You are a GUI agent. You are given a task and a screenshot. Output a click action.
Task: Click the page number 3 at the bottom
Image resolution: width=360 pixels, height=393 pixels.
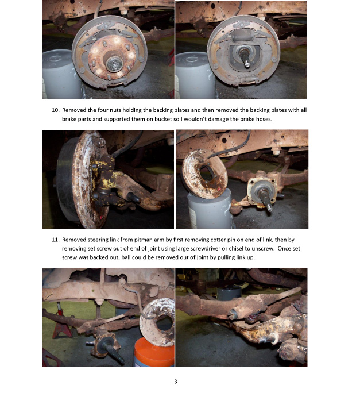[175, 382]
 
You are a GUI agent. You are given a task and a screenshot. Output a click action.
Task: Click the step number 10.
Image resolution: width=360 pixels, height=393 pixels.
[55, 110]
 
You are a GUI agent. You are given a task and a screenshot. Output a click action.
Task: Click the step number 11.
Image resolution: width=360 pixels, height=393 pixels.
[55, 240]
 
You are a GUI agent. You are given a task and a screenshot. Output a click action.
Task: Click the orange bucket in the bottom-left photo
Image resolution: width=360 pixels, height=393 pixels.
[154, 353]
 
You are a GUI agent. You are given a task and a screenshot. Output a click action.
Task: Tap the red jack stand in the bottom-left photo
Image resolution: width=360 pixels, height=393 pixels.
[60, 323]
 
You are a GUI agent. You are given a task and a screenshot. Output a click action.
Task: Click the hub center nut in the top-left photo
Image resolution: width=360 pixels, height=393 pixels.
[114, 64]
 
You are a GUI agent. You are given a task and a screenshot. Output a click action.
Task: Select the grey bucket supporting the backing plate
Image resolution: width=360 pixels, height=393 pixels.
[210, 209]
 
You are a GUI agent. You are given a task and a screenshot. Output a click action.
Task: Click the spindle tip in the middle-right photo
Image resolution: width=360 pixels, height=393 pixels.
[269, 207]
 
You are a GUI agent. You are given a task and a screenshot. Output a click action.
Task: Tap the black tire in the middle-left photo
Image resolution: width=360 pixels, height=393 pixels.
[65, 179]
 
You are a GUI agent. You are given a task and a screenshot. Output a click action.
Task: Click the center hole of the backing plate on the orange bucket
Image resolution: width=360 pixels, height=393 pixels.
[164, 323]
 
